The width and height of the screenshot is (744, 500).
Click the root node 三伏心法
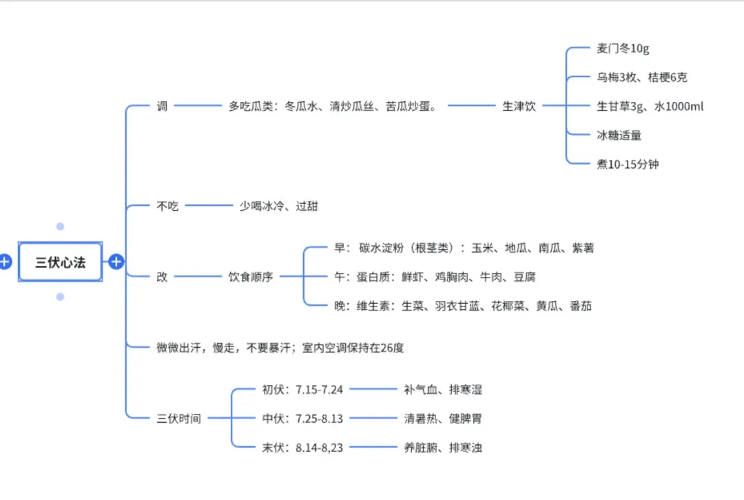pos(61,262)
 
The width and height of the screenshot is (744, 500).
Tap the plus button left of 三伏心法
pos(6,262)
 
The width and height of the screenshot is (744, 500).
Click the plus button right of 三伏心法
pos(116,262)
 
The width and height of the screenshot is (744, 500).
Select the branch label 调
pos(162,106)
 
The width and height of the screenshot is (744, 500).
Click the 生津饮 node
pos(519,106)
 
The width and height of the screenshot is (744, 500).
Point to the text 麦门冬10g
pos(623,49)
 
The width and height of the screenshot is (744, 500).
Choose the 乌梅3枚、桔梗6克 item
pos(641,77)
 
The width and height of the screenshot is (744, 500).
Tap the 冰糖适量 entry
pos(619,135)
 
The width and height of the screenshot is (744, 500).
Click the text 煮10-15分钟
pos(627,164)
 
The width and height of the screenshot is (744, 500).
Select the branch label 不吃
pos(167,205)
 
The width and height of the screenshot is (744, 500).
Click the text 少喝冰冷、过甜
pos(278,205)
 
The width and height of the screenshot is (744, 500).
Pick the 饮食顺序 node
pos(251,277)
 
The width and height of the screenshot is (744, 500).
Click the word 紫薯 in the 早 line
pos(582,248)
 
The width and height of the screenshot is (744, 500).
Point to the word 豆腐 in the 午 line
pos(524,277)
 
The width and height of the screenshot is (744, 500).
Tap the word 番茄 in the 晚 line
pos(580,306)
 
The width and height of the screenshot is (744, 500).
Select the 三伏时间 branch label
pos(178,419)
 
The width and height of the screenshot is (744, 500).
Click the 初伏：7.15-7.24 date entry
pos(302,390)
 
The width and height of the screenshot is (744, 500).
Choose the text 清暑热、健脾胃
pos(443,419)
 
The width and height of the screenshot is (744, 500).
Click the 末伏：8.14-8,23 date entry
pos(302,448)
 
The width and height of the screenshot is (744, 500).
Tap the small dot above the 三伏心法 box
pos(61,227)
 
